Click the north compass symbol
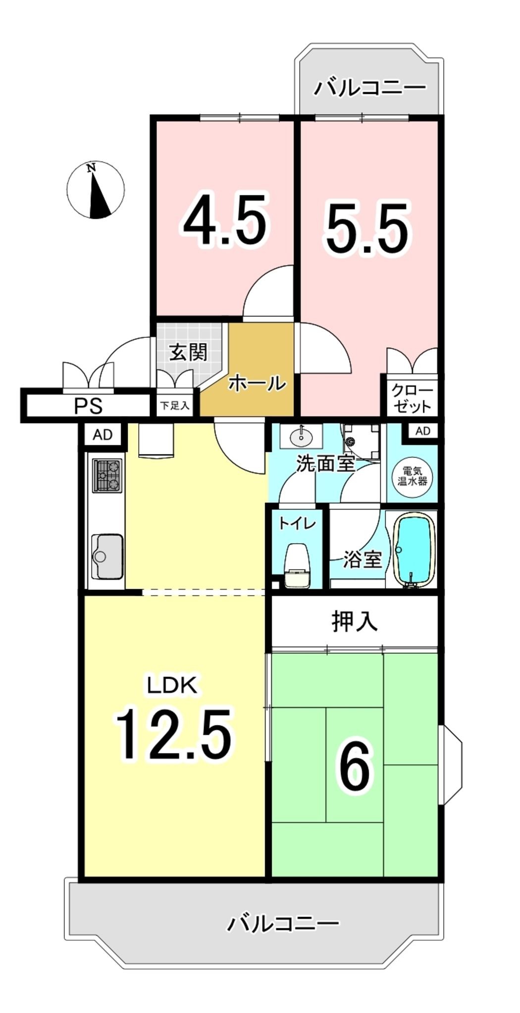click(96, 190)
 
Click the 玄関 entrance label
click(188, 352)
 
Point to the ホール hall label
click(257, 383)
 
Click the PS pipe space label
click(88, 406)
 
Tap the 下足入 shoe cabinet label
click(174, 406)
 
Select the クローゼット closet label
click(412, 399)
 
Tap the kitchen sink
click(107, 556)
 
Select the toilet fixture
click(297, 565)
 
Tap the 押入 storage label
click(355, 621)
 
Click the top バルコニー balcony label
click(370, 88)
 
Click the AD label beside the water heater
click(422, 431)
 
